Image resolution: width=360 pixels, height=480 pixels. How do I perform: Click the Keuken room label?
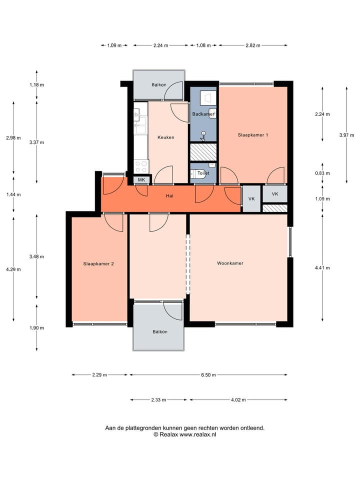tap(165, 137)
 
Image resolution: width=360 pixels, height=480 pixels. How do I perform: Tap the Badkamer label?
tap(203, 114)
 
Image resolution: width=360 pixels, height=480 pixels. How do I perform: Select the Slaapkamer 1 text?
tap(253, 135)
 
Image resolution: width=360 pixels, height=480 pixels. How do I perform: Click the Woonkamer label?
tap(230, 263)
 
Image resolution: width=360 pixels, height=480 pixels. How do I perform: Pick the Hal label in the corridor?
tap(169, 196)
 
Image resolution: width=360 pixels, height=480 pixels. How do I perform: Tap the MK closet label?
tap(141, 180)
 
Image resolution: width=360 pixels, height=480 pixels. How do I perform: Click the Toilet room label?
tap(202, 173)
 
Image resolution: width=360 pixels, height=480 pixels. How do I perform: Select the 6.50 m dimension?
tap(208, 374)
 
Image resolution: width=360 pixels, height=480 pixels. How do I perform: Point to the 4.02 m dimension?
tap(238, 400)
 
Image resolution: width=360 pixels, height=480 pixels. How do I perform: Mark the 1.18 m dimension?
tap(37, 85)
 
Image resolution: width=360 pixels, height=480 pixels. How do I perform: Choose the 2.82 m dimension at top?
tap(253, 45)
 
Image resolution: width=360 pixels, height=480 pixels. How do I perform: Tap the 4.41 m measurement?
tap(322, 268)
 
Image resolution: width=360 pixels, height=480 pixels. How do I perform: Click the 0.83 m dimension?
tap(322, 173)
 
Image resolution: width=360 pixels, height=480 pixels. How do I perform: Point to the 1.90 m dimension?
tap(37, 328)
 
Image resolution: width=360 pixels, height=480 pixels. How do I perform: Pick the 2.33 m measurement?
tap(159, 400)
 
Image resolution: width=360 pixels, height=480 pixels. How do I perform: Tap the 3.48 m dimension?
tap(37, 256)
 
